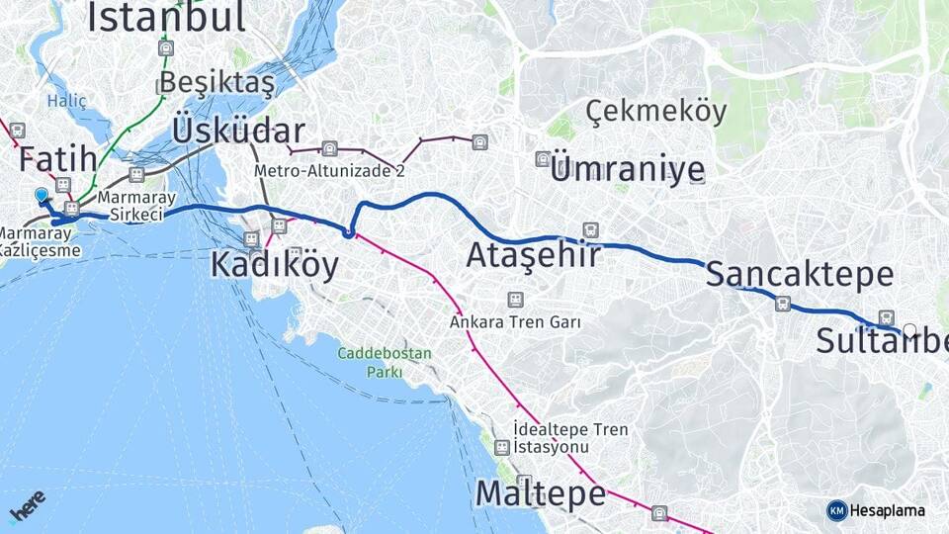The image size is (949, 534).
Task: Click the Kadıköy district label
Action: pyautogui.click(x=274, y=265)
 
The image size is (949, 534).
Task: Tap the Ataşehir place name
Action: pyautogui.click(x=533, y=255)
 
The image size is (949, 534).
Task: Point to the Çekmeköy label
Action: pyautogui.click(x=655, y=112)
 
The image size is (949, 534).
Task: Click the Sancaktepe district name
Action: pyautogui.click(x=786, y=274)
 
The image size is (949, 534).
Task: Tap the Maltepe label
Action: pyautogui.click(x=540, y=491)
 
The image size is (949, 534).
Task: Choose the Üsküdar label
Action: pyautogui.click(x=238, y=131)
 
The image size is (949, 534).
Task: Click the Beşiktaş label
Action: pyautogui.click(x=216, y=81)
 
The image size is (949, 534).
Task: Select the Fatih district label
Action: pyautogui.click(x=58, y=158)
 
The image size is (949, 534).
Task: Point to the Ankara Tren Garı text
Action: pyautogui.click(x=514, y=322)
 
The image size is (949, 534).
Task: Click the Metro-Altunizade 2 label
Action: pyautogui.click(x=329, y=170)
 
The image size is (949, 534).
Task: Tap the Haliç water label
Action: pyautogui.click(x=67, y=101)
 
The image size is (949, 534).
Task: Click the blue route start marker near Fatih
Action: pyautogui.click(x=42, y=197)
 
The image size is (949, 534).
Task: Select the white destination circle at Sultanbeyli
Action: pyautogui.click(x=909, y=330)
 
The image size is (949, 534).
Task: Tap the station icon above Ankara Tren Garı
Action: pyautogui.click(x=515, y=299)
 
